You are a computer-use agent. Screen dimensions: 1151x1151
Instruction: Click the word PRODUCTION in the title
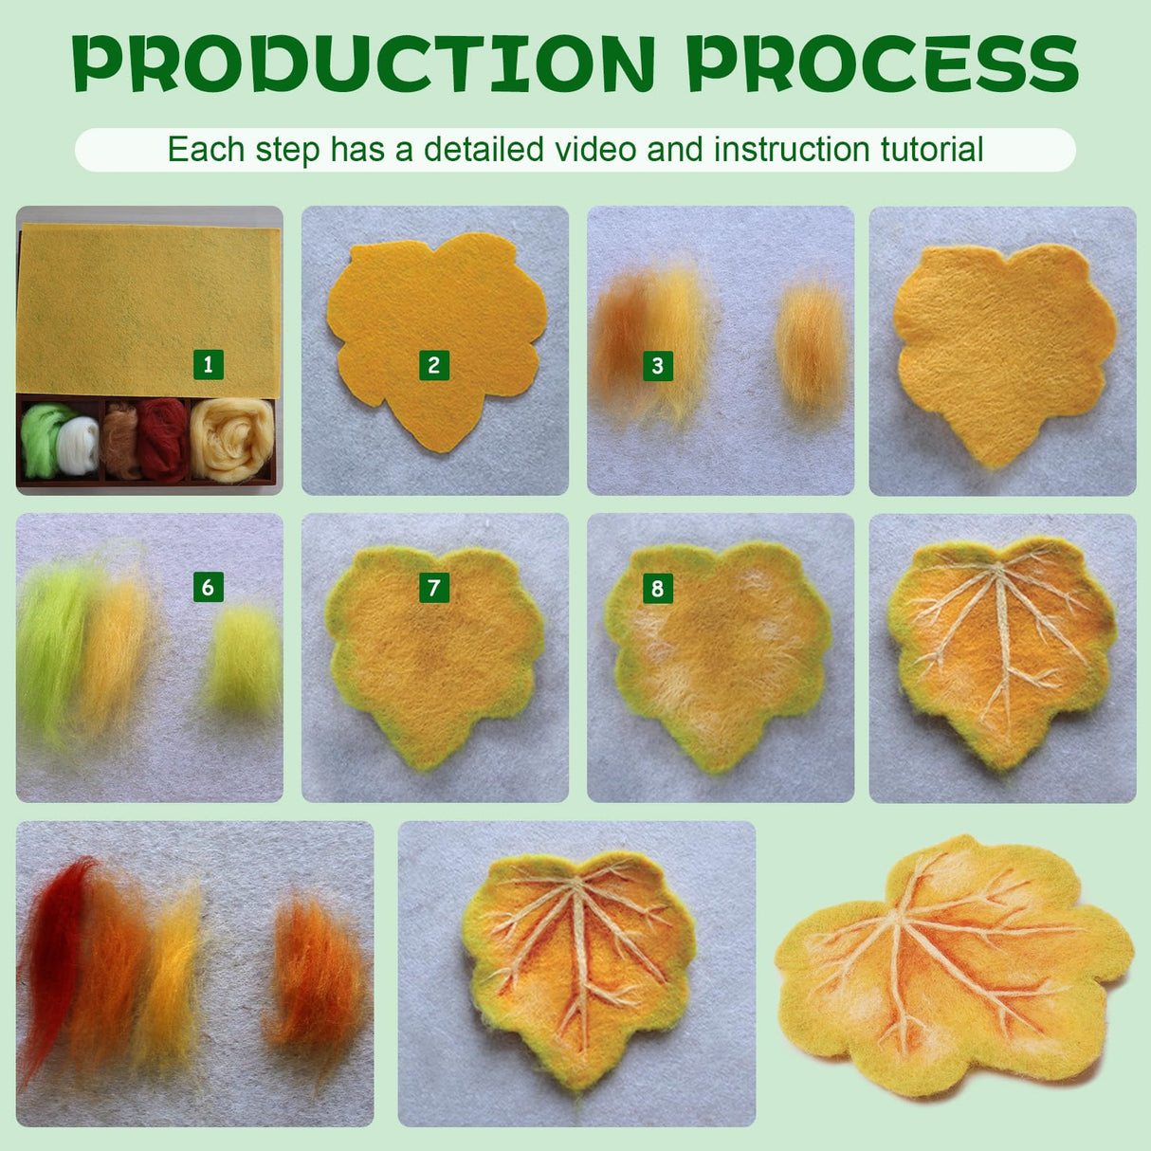[x=364, y=64]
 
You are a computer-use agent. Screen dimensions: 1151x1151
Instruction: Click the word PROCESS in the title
[x=882, y=64]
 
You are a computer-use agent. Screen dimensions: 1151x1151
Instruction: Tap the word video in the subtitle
[x=611, y=150]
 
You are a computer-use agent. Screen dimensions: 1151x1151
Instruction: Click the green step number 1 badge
[x=208, y=364]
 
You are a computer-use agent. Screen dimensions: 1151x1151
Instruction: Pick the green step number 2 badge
[x=433, y=365]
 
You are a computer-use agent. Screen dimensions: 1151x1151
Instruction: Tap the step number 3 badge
[x=657, y=365]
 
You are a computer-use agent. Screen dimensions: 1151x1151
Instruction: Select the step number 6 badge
[x=208, y=587]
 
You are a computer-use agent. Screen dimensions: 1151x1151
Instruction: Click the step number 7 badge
[x=433, y=588]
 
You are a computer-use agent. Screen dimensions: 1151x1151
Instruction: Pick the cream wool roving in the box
[x=232, y=440]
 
